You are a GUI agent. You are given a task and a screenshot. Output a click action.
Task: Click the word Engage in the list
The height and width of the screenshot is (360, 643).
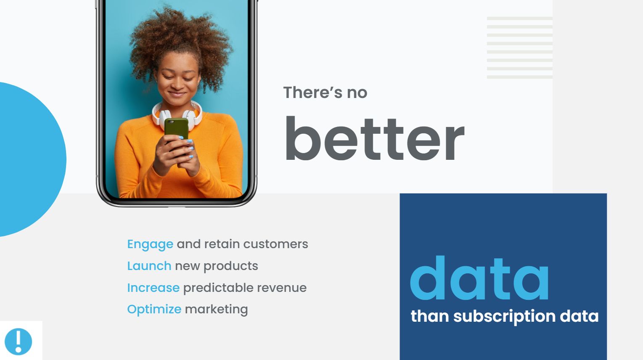(x=150, y=244)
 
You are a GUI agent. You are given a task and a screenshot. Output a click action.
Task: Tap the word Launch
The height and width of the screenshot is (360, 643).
(x=149, y=266)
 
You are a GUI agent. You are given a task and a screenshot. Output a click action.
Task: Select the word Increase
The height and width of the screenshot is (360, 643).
(x=153, y=288)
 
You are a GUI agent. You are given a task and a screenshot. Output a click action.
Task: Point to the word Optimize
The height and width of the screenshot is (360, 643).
(x=154, y=309)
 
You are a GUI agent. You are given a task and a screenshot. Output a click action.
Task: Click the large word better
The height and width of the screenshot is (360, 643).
(x=374, y=139)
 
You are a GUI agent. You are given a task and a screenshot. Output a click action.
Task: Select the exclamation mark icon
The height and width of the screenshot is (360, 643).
(x=18, y=341)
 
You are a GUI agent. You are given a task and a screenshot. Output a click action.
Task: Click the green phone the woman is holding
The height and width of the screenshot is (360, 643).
(x=176, y=128)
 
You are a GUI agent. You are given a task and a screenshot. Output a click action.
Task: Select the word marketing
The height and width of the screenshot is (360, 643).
(x=216, y=309)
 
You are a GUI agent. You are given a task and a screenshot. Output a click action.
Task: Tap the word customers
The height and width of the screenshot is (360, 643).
(x=275, y=244)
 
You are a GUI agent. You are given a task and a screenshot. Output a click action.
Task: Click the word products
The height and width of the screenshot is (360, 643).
(x=230, y=266)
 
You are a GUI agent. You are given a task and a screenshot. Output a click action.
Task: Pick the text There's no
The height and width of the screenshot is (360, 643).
(x=325, y=93)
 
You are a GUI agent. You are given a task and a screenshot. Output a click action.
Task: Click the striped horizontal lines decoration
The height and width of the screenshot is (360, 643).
(x=519, y=48)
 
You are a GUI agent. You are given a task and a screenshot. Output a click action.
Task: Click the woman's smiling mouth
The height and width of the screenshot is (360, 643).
(x=177, y=94)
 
